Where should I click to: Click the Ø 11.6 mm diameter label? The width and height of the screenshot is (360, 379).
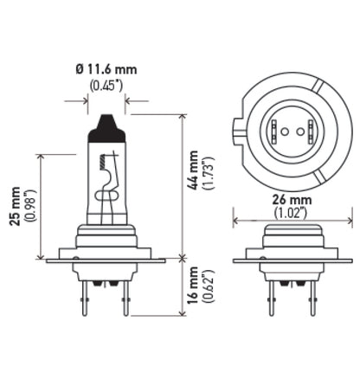click(106, 68)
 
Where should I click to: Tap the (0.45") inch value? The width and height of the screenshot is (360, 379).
click(106, 85)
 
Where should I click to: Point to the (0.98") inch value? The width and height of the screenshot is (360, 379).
click(30, 205)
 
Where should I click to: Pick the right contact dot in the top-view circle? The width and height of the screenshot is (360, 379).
click(299, 132)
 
